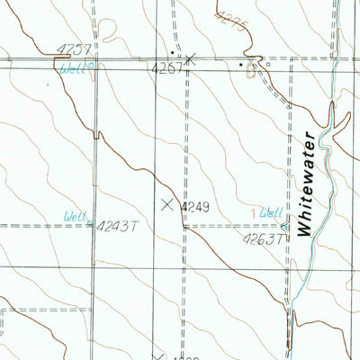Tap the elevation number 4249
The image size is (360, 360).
coord(195,207)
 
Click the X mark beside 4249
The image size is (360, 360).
coord(167,204)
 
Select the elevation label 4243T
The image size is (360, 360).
coord(116,225)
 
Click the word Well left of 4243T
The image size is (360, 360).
coord(76,216)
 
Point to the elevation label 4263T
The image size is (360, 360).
coord(262,238)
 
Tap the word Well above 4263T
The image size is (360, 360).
coord(270,213)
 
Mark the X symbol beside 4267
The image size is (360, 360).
coord(190,59)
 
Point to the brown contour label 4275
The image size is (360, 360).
coord(230,19)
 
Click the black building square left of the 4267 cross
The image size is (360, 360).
coord(173,52)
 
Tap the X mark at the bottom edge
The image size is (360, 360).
coord(158,356)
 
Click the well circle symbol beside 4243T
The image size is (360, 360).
coord(91,220)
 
